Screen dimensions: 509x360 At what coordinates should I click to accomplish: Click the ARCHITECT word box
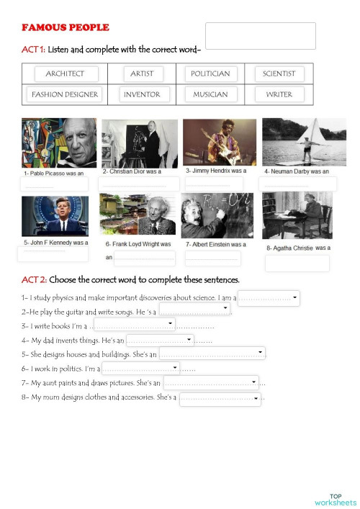coord(65,73)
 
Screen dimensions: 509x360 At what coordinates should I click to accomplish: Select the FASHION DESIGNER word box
coord(65,94)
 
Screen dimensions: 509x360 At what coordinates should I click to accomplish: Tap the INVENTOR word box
coord(142,94)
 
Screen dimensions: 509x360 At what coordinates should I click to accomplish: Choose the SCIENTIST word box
coord(279,73)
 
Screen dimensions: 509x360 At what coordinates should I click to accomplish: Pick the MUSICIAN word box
coord(210,94)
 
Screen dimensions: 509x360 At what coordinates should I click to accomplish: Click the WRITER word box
coord(279,94)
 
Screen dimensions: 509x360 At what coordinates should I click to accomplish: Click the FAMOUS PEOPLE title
coord(66,27)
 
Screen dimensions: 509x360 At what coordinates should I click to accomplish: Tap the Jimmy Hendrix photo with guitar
coord(219,143)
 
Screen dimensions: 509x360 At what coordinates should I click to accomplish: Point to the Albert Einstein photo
coord(216,215)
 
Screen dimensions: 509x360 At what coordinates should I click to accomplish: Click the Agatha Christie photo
coord(297,215)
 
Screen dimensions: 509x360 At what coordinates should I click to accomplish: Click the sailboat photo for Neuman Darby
coord(298,142)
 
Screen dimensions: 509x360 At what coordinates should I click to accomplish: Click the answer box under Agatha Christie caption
coord(297,263)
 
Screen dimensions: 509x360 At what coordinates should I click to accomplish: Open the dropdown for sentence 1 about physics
coord(295,295)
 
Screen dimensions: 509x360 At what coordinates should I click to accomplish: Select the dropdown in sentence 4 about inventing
coord(189,338)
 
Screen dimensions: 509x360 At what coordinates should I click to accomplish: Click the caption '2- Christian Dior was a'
coord(132,172)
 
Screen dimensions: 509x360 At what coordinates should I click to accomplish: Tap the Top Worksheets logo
coord(335,499)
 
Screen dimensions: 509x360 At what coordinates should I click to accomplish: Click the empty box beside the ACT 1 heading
coord(261,36)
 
